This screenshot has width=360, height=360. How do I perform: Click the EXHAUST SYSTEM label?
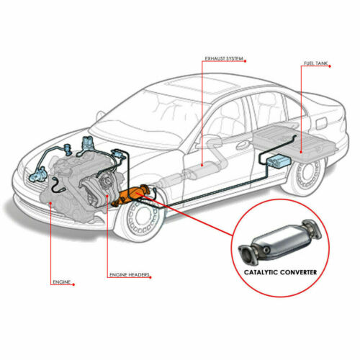pos(224,58)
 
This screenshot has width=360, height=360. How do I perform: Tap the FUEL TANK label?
pos(315,63)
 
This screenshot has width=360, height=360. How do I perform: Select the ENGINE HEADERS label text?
pos(130,274)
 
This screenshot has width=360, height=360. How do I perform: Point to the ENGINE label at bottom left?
pos(62,282)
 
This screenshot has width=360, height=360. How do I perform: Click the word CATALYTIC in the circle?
pos(261,272)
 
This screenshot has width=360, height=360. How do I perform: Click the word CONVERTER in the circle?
pos(298,272)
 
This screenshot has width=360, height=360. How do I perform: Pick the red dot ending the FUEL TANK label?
pos(330,66)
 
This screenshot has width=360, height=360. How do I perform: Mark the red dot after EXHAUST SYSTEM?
pos(245,61)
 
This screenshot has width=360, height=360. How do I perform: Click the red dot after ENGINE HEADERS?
pos(150,277)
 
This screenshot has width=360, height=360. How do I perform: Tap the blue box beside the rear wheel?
pos(279,161)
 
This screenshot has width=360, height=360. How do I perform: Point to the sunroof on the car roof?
pos(201,86)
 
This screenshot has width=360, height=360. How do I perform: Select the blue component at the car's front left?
pos(37,174)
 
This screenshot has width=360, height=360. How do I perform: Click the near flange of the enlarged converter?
pos(247,255)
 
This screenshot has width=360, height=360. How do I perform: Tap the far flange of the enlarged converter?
pos(312,228)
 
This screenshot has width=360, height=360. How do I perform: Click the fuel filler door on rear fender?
pos(323,123)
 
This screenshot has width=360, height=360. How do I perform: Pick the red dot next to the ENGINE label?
pos(73,284)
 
